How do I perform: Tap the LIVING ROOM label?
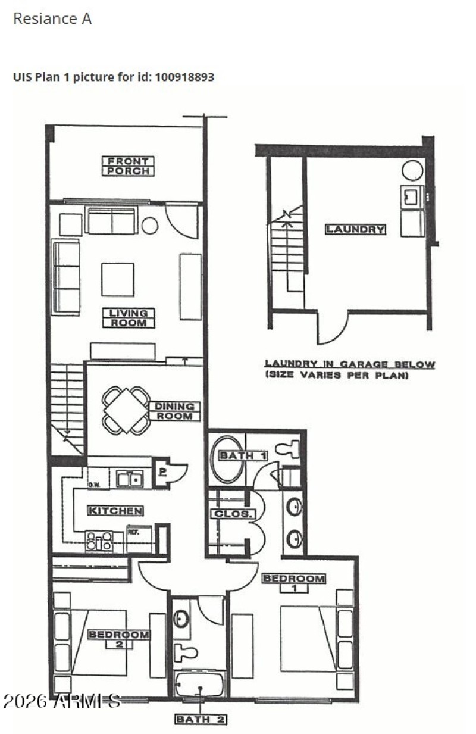(128, 318)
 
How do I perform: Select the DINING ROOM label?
(174, 411)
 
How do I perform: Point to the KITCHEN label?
(115, 511)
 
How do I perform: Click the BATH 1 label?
(243, 456)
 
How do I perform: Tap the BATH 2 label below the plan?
(201, 720)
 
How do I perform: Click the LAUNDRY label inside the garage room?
(355, 229)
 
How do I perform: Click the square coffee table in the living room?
(117, 279)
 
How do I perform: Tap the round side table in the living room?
(150, 226)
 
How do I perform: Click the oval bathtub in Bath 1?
(227, 460)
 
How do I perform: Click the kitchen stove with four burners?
(99, 541)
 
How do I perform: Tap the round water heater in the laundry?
(412, 170)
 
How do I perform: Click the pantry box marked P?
(162, 470)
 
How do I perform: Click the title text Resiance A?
(52, 18)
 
